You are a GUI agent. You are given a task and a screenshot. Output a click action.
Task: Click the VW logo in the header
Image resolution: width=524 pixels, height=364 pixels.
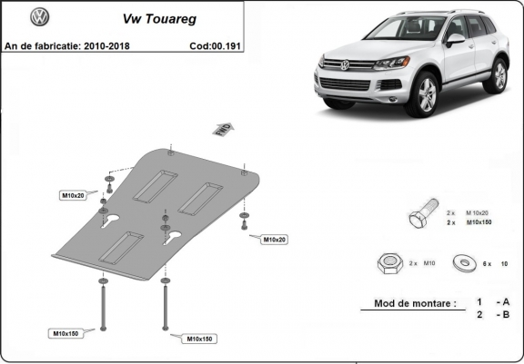click(x=40, y=17)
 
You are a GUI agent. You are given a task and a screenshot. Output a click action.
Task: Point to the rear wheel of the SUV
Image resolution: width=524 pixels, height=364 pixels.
click(x=499, y=77)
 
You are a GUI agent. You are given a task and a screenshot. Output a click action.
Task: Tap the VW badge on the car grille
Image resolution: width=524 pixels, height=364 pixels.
click(x=344, y=64)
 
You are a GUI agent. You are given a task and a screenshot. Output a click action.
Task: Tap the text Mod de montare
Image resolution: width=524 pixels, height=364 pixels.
click(x=415, y=304)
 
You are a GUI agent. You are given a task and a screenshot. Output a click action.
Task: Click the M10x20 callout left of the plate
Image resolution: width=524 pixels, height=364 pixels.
click(x=72, y=196)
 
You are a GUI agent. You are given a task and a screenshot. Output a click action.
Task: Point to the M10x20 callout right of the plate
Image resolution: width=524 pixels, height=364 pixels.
click(x=274, y=240)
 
